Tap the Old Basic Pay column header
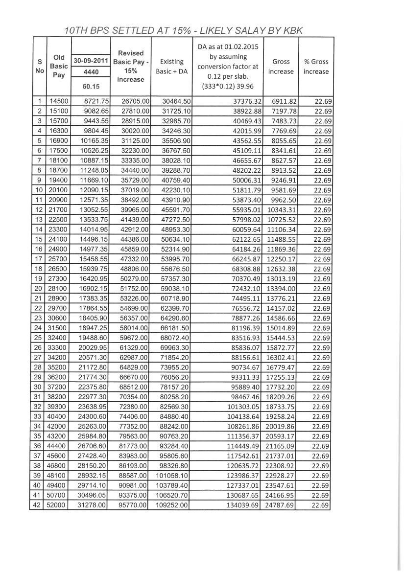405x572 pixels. coord(58,66)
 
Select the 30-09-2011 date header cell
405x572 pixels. coord(91,61)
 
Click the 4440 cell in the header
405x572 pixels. coord(91,72)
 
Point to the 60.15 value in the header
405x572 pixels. coord(91,86)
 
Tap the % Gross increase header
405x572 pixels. coord(316,67)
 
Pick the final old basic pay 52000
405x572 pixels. coord(59,505)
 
